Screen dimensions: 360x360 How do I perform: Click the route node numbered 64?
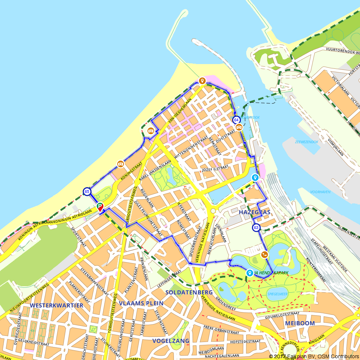click(x=236, y=120)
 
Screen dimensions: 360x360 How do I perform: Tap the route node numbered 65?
click(x=87, y=192)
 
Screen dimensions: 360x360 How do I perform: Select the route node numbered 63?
click(x=256, y=228)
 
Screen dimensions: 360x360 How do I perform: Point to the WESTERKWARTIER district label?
click(x=57, y=305)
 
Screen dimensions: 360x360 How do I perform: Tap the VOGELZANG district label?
click(x=171, y=341)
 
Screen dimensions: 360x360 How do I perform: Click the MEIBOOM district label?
click(x=300, y=323)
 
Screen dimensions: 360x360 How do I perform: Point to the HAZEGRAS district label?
click(x=255, y=212)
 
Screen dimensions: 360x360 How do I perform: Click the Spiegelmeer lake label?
click(x=277, y=294)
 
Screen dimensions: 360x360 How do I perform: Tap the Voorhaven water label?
click(x=320, y=192)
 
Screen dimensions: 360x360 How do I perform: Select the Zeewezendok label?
click(x=306, y=142)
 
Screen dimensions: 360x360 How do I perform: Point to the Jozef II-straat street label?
click(x=215, y=168)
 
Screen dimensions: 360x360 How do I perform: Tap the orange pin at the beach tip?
click(x=202, y=81)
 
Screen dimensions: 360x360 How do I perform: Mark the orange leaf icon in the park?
click(x=264, y=255)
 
